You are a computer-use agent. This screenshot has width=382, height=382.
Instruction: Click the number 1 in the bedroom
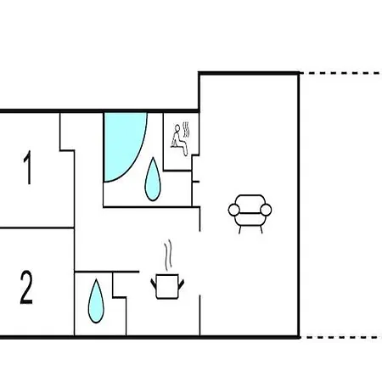tap(28, 167)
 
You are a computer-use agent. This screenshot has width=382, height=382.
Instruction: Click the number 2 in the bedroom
tap(26, 288)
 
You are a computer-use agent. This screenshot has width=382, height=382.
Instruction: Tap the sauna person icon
tap(179, 140)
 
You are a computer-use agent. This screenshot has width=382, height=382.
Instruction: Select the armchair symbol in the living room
tap(250, 214)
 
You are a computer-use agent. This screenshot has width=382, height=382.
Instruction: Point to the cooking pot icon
tap(167, 286)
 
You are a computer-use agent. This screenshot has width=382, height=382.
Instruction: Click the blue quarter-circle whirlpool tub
tap(121, 142)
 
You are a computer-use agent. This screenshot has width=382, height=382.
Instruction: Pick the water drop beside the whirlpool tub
tap(153, 179)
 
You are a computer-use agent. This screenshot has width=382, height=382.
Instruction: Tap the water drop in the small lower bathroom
tap(96, 301)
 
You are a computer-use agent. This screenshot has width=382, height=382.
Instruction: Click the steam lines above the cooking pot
tap(168, 254)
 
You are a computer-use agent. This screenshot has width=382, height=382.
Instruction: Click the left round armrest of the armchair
tap(234, 210)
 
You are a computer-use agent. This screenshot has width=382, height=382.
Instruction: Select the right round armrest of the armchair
tap(266, 210)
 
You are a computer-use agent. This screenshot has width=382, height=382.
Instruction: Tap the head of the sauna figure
tap(177, 127)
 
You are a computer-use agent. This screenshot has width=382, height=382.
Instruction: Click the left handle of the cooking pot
tap(154, 284)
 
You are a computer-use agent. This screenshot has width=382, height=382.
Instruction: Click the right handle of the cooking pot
tap(181, 284)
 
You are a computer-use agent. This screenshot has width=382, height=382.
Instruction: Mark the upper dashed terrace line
tap(340, 73)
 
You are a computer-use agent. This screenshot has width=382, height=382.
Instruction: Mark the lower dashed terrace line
tap(340, 337)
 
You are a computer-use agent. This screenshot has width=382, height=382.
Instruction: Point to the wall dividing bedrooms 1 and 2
tap(37, 228)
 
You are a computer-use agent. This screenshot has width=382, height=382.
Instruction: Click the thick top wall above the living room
tap(249, 74)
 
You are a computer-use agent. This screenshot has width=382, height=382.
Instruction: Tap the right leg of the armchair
tap(261, 229)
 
